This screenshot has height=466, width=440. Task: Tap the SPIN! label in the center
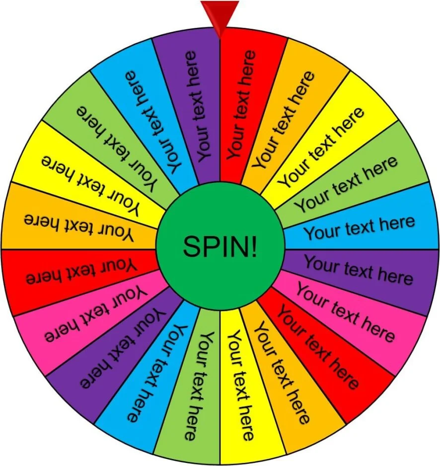(220, 246)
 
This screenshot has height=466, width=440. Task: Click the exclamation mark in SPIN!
(254, 246)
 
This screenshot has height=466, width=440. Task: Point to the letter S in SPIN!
(192, 246)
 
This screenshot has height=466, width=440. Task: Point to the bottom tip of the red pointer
(220, 39)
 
